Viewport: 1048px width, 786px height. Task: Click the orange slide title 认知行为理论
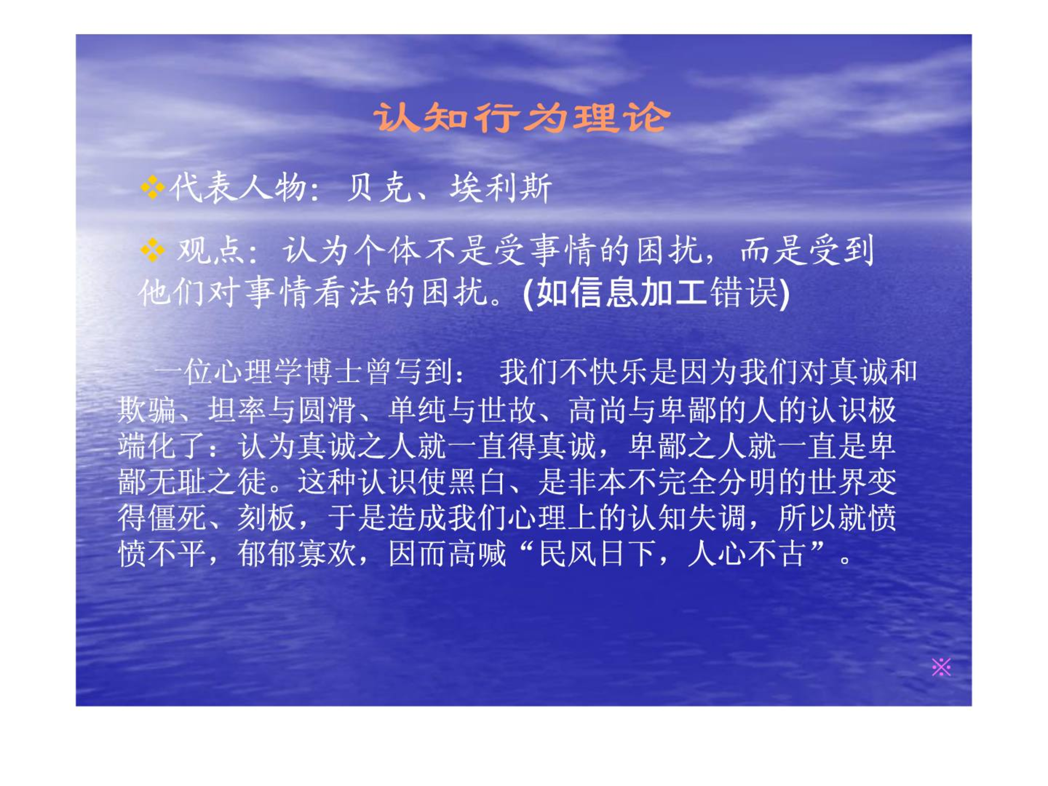point(522,117)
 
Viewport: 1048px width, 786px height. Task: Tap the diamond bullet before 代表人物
point(152,188)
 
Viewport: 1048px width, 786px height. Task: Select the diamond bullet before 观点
point(152,251)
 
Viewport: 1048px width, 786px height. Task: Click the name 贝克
point(379,188)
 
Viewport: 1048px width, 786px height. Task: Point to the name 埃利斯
point(501,188)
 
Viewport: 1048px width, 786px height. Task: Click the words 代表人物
point(237,188)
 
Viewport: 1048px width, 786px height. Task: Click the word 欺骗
point(147,410)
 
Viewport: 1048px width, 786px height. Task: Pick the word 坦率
point(237,410)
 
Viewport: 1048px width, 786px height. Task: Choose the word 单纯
point(418,410)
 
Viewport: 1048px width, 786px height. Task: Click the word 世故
point(508,410)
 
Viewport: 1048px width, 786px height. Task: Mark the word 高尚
point(598,410)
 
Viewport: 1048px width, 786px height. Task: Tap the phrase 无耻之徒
point(207,482)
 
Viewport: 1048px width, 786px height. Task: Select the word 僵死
point(177,518)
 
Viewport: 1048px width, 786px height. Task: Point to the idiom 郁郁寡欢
point(297,554)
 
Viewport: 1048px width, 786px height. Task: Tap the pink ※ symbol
point(941,667)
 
